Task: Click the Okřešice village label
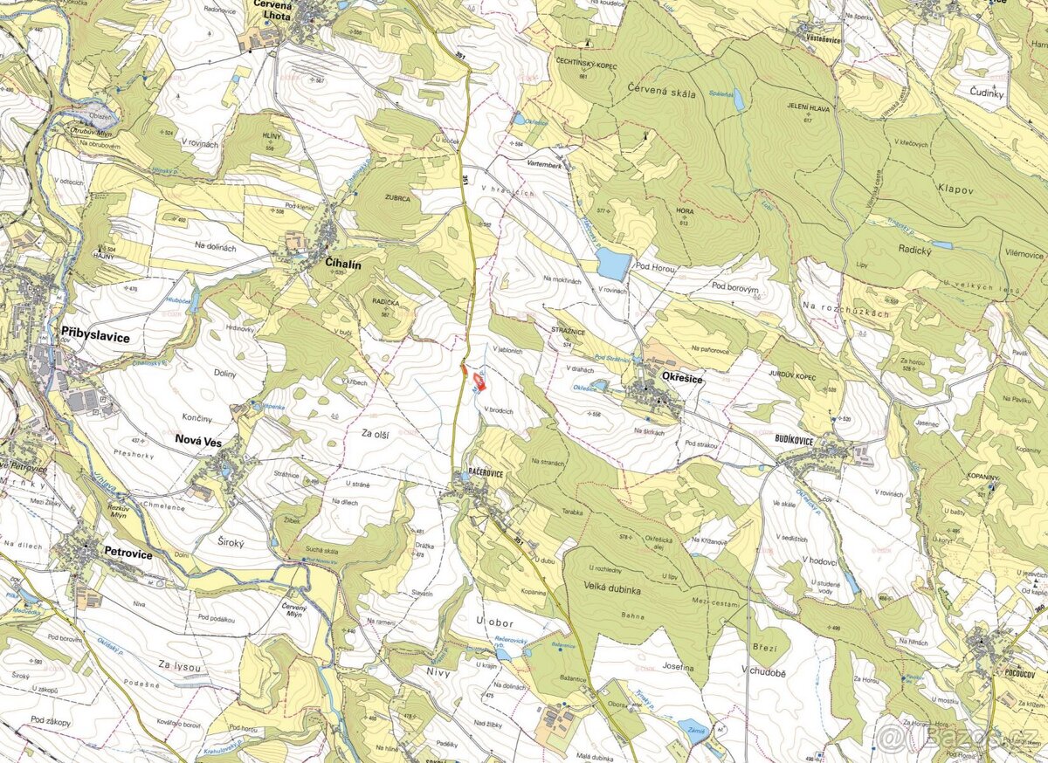683,379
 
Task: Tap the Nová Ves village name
199,442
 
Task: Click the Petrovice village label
128,553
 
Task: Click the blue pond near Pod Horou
613,263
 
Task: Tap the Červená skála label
661,93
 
